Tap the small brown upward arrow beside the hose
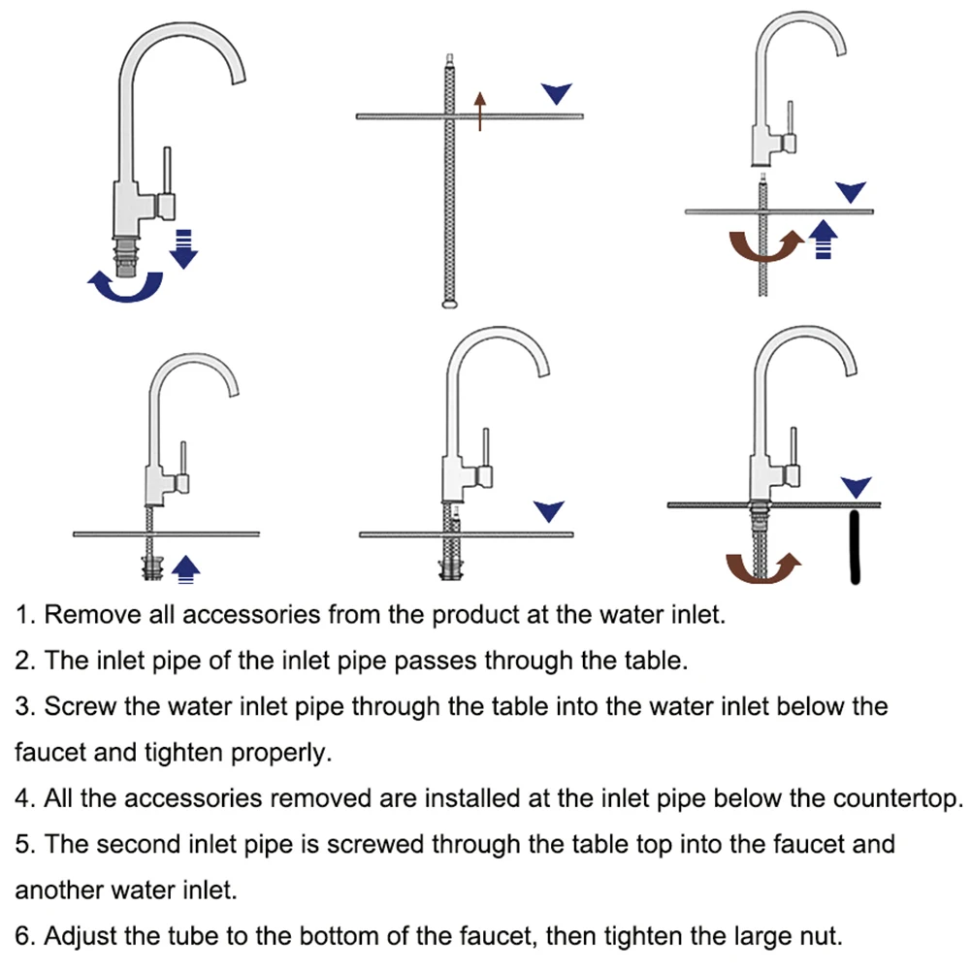(478, 110)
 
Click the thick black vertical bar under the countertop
(855, 549)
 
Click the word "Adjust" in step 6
(82, 937)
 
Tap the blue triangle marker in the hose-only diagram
(556, 93)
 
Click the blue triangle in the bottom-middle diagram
(549, 511)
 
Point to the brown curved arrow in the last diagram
(763, 567)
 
